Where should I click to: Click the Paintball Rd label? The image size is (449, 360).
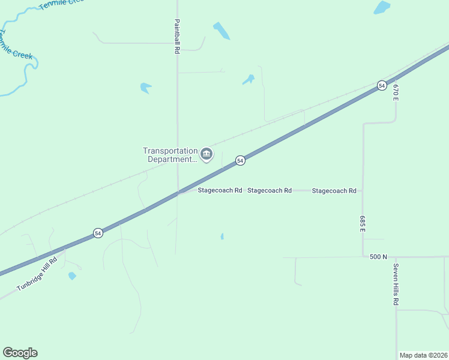[177, 37]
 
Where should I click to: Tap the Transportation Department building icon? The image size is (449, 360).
[206, 155]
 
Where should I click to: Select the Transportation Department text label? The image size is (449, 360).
[170, 155]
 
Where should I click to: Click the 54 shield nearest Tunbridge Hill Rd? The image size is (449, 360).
[98, 233]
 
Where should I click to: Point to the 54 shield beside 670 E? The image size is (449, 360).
[382, 86]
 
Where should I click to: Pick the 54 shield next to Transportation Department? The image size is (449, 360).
[240, 160]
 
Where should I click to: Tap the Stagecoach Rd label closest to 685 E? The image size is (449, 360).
[334, 191]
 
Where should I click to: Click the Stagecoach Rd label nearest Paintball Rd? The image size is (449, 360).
[220, 190]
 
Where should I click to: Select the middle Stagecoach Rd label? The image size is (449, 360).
[270, 190]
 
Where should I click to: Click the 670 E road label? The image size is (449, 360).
[396, 92]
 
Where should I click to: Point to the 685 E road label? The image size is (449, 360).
[363, 224]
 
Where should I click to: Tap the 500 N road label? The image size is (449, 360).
[378, 257]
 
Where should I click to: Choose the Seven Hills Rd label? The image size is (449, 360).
[396, 284]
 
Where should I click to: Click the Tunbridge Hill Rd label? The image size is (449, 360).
[37, 274]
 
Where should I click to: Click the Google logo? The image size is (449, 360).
[20, 353]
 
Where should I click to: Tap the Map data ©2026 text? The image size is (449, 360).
[424, 355]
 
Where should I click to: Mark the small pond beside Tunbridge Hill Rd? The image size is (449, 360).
[72, 276]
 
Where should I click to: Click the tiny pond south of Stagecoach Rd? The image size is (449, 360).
[222, 236]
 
